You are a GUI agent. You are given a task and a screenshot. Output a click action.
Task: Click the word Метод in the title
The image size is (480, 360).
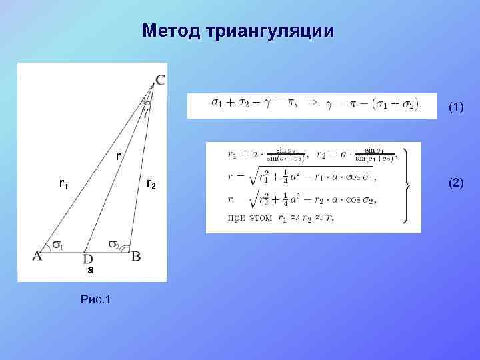pos(173,31)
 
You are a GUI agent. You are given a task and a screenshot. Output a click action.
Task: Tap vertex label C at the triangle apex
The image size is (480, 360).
pos(161,81)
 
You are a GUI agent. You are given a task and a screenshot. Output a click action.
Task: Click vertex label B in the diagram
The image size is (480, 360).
pos(135,255)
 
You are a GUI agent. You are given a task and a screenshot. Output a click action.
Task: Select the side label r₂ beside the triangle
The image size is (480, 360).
pos(151,183)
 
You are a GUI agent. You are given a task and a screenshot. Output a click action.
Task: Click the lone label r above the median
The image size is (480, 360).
pos(117,157)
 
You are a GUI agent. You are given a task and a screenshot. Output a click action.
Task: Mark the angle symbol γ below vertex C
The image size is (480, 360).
pos(146,111)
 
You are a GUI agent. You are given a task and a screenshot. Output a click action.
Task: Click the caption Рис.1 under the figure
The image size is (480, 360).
pos(95,299)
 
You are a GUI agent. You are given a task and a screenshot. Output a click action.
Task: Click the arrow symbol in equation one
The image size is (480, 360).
pos(311,103)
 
